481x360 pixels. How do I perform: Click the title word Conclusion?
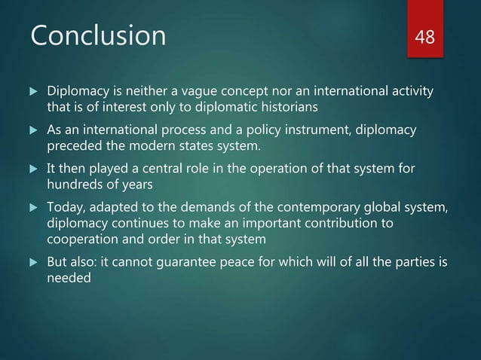[x=97, y=35]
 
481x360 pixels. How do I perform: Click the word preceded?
[x=73, y=146]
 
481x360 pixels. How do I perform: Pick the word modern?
[x=155, y=146]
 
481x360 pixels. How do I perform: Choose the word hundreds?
[x=76, y=185]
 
